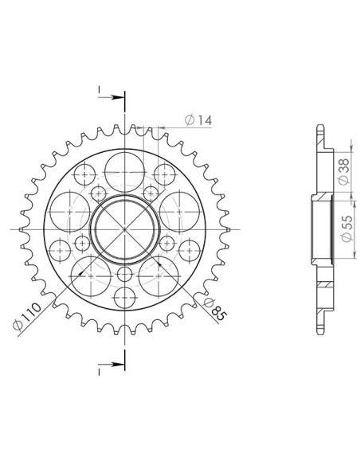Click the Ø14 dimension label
[198, 119]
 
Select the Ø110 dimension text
[27, 316]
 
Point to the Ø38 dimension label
[344, 172]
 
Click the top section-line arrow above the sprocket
[111, 97]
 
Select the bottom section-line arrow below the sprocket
[111, 364]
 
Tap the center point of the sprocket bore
[125, 229]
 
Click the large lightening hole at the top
[125, 172]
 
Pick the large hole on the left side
[69, 212]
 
